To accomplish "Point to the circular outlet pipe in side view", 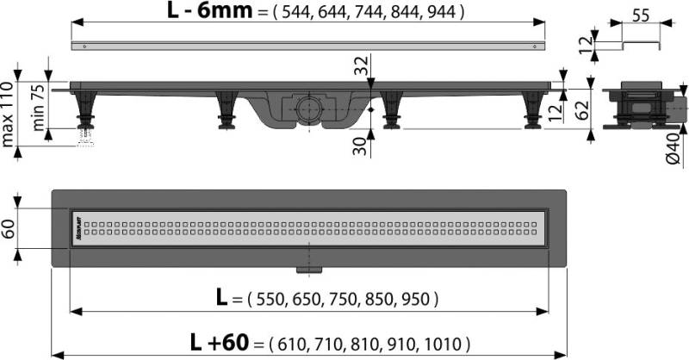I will [x=307, y=109].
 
